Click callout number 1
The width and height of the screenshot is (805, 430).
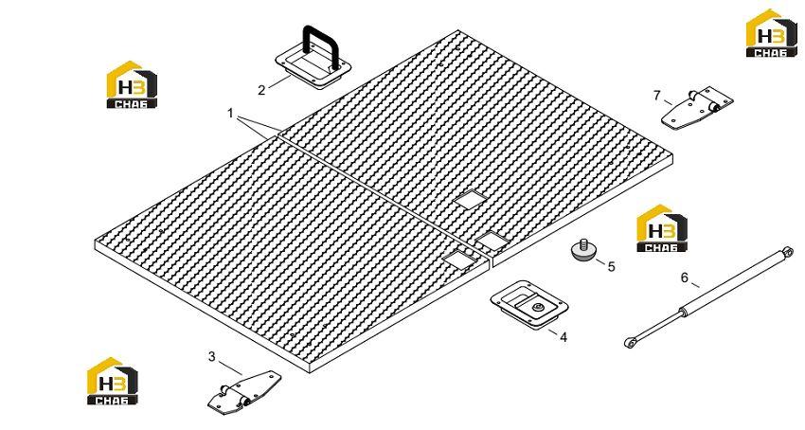230,113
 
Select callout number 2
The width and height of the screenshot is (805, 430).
261,90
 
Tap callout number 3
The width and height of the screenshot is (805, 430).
212,356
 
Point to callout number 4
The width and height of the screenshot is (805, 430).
563,337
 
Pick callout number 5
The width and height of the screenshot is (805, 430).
611,267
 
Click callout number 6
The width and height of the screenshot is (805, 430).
685,278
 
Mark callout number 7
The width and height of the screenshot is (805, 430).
656,96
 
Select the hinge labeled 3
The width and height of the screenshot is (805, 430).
244,392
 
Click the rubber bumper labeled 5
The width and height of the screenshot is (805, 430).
583,250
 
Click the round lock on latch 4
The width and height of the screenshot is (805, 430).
537,307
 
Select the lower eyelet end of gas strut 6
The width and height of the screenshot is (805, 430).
630,342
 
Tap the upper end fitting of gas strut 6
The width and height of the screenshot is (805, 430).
786,250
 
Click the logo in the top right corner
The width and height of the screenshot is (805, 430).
772,33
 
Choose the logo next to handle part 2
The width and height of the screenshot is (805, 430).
132,84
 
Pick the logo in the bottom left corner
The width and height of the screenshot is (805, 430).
113,381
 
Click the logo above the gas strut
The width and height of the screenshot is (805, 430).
662,228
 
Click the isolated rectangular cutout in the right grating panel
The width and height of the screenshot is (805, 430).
471,199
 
